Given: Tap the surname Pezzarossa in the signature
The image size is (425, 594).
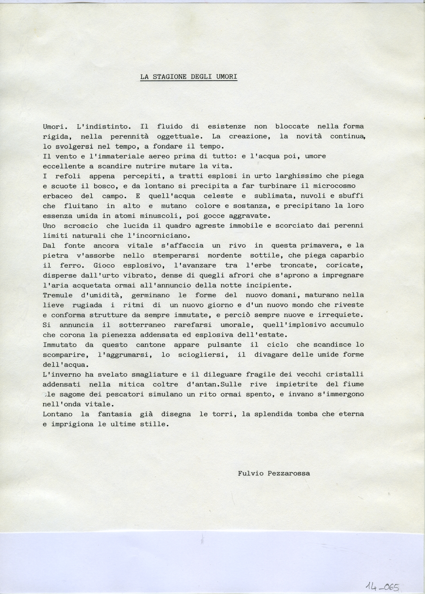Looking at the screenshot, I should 289,473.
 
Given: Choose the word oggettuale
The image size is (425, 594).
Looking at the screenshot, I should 180,136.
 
